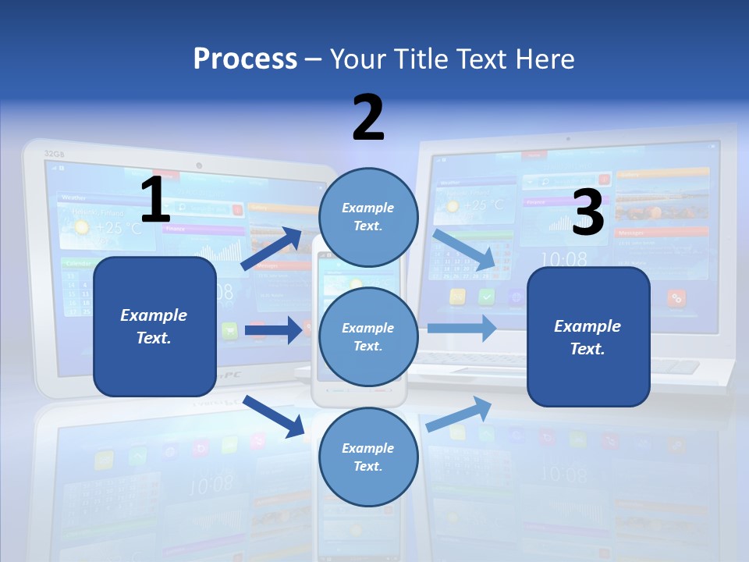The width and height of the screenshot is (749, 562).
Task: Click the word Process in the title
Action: tap(245, 59)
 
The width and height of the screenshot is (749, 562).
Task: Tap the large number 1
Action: tap(155, 201)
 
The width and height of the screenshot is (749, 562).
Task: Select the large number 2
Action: tap(368, 118)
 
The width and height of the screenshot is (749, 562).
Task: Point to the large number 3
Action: tap(588, 212)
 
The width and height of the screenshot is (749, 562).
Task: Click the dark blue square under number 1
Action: tap(154, 326)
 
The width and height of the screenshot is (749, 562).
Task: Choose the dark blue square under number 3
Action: tap(588, 337)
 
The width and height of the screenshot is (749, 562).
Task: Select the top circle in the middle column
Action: tap(368, 217)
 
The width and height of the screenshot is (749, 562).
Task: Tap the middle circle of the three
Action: tap(368, 337)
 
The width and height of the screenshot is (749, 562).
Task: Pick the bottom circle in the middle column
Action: tap(368, 457)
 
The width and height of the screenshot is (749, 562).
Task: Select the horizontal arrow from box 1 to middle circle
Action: tap(273, 330)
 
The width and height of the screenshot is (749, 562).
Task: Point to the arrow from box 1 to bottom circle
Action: tap(274, 416)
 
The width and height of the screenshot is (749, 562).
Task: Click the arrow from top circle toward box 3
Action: tap(466, 249)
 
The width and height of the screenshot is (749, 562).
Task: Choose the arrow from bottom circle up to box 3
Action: tap(460, 414)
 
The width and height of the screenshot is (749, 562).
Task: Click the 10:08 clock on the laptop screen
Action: tap(564, 259)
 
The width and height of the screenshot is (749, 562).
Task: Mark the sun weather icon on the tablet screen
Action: tap(81, 227)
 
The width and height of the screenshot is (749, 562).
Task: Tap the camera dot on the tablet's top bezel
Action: tap(200, 165)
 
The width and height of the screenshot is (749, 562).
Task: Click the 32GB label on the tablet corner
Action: tap(54, 154)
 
